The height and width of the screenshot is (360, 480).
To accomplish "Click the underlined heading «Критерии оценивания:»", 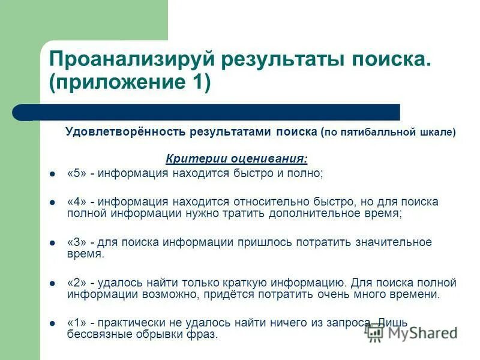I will click(236, 159).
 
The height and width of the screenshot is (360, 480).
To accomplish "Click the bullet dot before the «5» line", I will click(53, 174).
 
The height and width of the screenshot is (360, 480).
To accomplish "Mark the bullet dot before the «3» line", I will click(53, 243).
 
